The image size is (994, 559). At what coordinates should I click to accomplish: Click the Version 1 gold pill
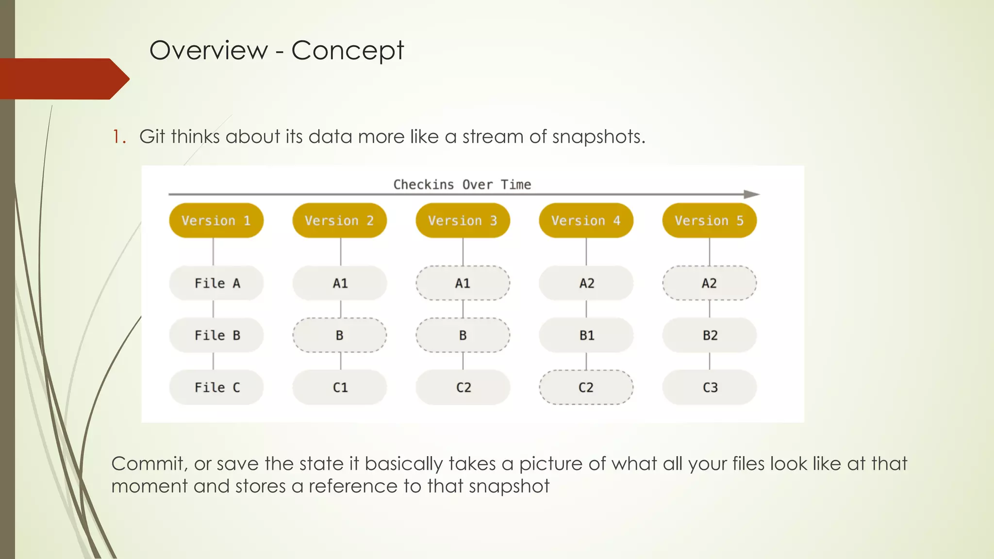point(216,220)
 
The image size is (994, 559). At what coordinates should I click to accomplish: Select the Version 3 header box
point(463,220)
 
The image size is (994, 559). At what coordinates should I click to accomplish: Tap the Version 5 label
point(709,220)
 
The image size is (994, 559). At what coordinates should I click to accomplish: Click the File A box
point(216,283)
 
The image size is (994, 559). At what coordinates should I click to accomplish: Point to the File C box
point(216,387)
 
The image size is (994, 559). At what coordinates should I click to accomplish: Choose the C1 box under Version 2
point(340,387)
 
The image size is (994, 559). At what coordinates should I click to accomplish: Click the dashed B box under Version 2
point(340,335)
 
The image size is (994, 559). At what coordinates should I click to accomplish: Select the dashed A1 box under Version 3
point(463,283)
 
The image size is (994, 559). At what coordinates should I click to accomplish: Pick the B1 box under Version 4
point(586,335)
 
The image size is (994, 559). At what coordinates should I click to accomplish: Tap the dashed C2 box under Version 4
point(586,387)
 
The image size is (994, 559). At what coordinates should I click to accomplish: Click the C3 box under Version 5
point(709,387)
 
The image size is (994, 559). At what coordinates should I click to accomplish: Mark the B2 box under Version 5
point(709,335)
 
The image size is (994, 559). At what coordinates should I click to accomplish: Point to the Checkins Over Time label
point(462,184)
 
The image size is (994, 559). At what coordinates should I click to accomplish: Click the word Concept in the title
point(348,50)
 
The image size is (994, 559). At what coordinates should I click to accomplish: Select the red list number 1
point(118,137)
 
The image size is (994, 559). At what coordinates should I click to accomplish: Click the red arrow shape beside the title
point(63,79)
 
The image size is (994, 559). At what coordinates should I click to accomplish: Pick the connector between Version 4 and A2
point(586,251)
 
